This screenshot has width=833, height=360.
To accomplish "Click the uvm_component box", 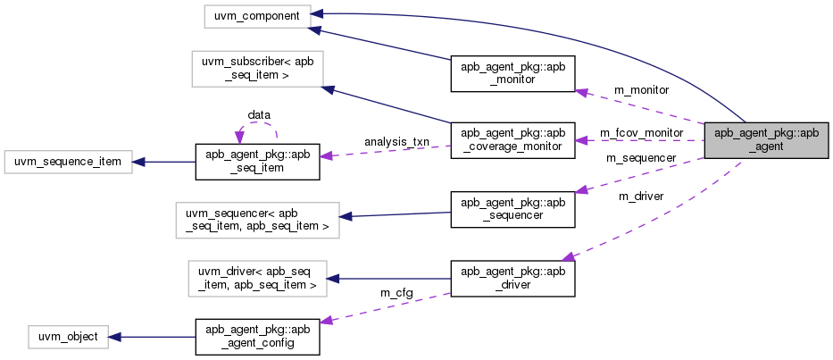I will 257,15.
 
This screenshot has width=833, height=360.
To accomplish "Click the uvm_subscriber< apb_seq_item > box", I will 257,69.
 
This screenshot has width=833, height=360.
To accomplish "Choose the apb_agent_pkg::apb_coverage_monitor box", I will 512,140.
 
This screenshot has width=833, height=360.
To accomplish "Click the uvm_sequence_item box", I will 68,162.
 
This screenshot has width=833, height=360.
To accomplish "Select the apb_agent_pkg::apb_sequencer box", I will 512,208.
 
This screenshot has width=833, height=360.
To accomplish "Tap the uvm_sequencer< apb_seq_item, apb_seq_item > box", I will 257,221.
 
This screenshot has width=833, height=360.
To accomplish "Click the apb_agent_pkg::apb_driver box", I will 512,278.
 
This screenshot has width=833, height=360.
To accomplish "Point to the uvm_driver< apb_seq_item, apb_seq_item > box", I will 257,278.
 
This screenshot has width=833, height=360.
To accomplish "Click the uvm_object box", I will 68,337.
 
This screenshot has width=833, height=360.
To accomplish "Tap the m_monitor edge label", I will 641,89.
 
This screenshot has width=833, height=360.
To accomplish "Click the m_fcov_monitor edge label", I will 641,132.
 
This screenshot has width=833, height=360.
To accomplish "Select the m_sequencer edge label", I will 641,158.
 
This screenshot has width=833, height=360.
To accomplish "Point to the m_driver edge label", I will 641,197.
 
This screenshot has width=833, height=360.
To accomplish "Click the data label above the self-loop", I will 259,114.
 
